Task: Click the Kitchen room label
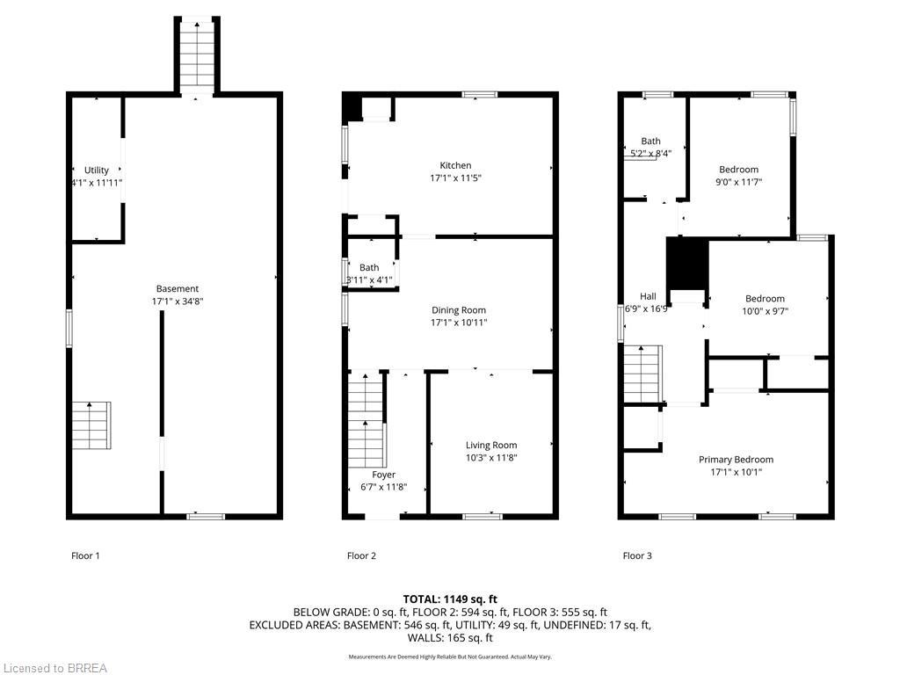[x=455, y=165]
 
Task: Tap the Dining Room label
[x=458, y=310]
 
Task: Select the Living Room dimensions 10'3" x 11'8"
[x=491, y=458]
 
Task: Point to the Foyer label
[x=383, y=475]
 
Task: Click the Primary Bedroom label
[x=736, y=460]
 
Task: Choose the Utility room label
[x=97, y=171]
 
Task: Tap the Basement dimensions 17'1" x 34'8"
[x=177, y=301]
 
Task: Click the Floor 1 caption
[x=85, y=555]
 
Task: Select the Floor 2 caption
[x=361, y=555]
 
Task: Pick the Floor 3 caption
[x=637, y=555]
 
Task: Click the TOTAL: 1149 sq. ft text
[x=449, y=599]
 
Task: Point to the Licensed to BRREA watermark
[x=54, y=668]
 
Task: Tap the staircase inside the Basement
[x=91, y=425]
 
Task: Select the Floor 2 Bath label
[x=369, y=268]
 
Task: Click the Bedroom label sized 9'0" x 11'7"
[x=738, y=170]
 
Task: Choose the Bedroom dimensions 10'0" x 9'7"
[x=764, y=310]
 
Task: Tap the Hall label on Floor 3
[x=647, y=297]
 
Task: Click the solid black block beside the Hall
[x=686, y=263]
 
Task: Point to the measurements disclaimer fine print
[x=449, y=657]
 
